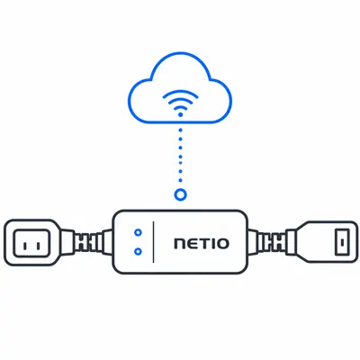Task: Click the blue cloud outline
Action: pyautogui.click(x=180, y=53)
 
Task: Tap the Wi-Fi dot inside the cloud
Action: pyautogui.click(x=180, y=114)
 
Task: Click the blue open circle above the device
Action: pyautogui.click(x=180, y=190)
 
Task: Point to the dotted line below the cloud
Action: pyautogui.click(x=180, y=156)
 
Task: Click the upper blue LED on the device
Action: pyautogui.click(x=138, y=232)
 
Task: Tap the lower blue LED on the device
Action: pyautogui.click(x=138, y=251)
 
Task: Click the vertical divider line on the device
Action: pyautogui.click(x=153, y=242)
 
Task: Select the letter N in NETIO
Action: pyautogui.click(x=180, y=244)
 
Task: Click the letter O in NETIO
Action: pyautogui.click(x=222, y=244)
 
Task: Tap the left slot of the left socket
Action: pyautogui.click(x=25, y=247)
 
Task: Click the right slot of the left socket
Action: pyautogui.click(x=38, y=247)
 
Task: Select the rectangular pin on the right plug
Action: pyautogui.click(x=342, y=242)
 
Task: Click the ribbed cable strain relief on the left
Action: pyautogui.click(x=87, y=243)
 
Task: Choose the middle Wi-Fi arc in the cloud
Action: pyautogui.click(x=180, y=101)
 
